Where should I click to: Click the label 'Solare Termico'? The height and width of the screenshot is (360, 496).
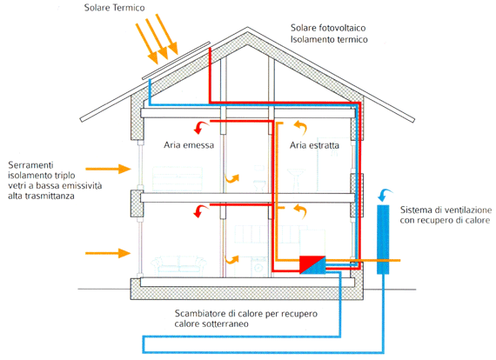click(115, 8)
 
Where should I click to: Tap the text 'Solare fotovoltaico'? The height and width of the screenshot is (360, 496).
click(328, 28)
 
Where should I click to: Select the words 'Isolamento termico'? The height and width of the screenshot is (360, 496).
click(329, 39)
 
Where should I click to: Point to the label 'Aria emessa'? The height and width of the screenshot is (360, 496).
click(189, 145)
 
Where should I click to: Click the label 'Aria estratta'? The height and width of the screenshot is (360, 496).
click(314, 145)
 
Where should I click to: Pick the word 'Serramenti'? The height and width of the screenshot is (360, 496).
click(30, 165)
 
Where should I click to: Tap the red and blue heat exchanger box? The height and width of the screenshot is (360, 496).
click(312, 265)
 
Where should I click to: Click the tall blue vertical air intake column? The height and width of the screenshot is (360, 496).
click(383, 239)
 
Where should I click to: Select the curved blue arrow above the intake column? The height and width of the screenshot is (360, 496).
click(385, 195)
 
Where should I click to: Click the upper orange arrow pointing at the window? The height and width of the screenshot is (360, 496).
click(108, 169)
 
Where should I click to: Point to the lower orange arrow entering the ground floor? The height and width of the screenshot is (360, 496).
click(108, 253)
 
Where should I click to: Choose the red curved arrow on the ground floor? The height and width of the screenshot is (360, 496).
click(200, 211)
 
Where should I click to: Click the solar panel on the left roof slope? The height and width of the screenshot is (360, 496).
click(176, 60)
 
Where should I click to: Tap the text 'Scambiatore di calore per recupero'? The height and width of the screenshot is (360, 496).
click(245, 314)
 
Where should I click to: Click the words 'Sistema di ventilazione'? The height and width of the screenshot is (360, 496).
click(446, 210)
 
